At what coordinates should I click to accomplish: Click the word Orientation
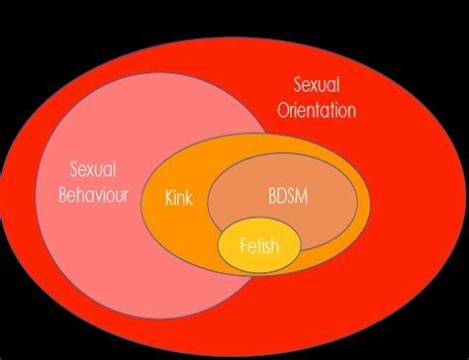316,111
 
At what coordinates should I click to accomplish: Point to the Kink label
179,196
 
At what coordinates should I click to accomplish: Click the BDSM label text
287,195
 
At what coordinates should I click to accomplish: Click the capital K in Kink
169,196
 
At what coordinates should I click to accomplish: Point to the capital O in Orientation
282,111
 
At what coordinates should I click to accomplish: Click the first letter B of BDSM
271,195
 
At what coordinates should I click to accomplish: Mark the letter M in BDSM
304,195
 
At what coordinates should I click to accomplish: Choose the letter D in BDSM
281,195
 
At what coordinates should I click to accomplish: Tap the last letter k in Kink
190,196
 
